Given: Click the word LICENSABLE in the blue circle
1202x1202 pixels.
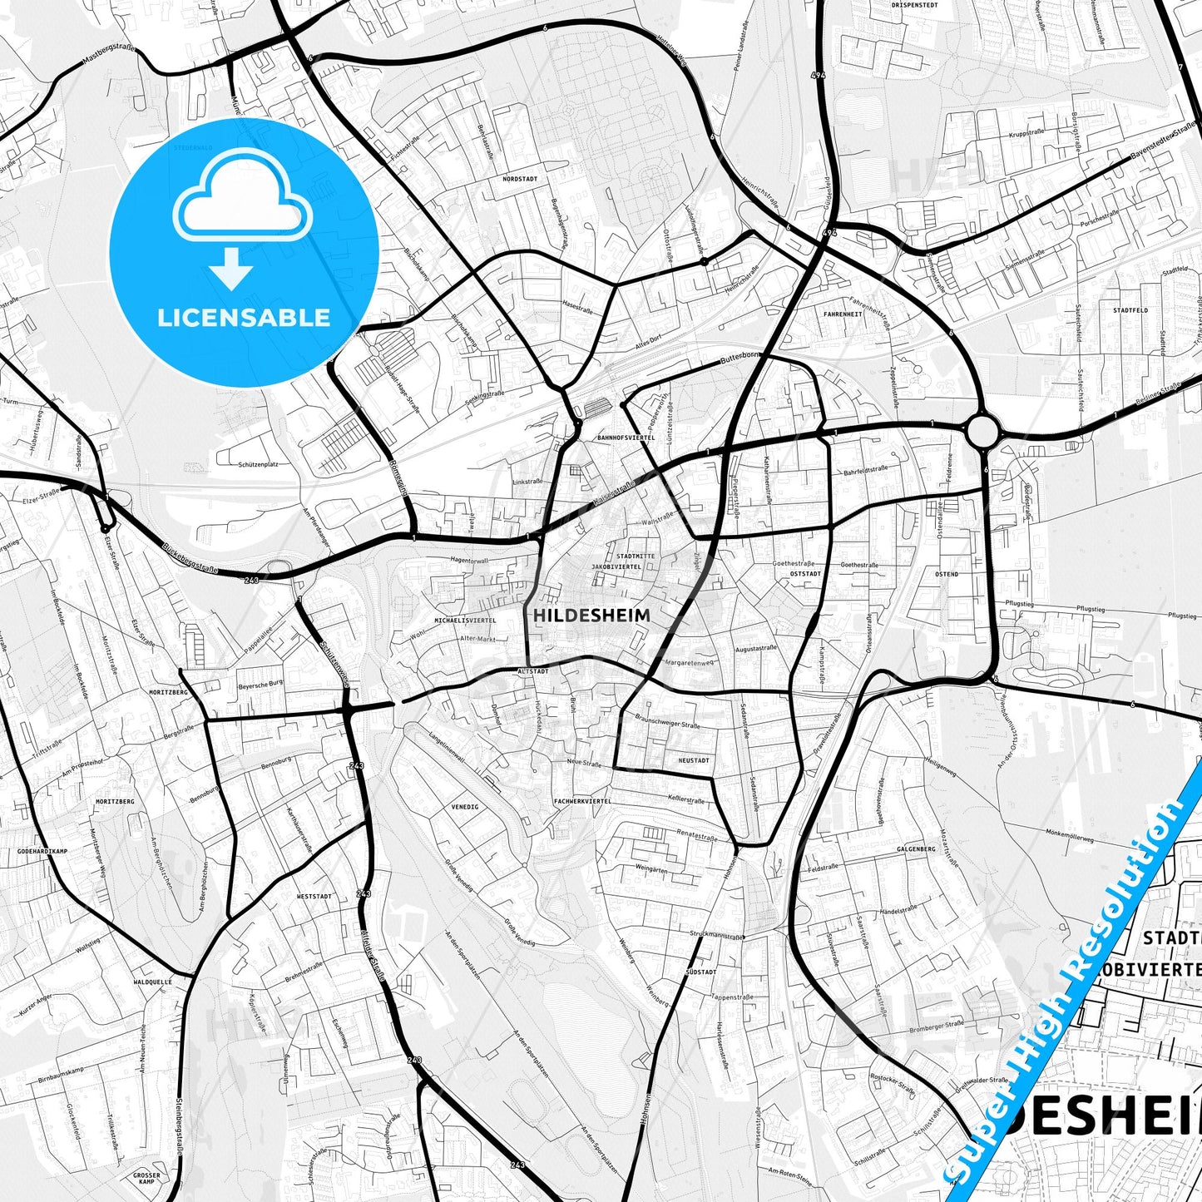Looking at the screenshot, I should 244,317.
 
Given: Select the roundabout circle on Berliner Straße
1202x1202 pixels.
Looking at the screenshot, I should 982,432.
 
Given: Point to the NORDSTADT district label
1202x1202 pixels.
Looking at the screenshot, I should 520,179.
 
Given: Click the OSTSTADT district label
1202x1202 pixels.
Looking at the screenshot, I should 805,574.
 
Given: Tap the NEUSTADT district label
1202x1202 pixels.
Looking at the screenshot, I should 694,760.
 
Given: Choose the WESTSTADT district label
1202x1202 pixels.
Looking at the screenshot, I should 314,897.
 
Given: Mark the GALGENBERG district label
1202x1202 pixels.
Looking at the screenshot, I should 916,849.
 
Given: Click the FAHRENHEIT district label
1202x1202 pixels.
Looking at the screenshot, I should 843,314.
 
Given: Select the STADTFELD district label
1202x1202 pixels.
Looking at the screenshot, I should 1130,310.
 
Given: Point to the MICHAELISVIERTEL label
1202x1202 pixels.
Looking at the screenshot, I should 465,621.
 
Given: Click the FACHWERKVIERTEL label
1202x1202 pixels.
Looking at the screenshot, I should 582,801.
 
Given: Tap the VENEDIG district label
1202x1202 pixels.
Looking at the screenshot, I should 465,807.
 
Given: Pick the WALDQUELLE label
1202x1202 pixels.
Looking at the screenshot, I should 153,982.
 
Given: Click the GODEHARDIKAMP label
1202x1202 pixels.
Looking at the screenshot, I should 42,852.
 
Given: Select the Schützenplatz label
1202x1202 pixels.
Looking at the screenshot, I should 258,464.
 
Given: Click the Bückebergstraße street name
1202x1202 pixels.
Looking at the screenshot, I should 190,559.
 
